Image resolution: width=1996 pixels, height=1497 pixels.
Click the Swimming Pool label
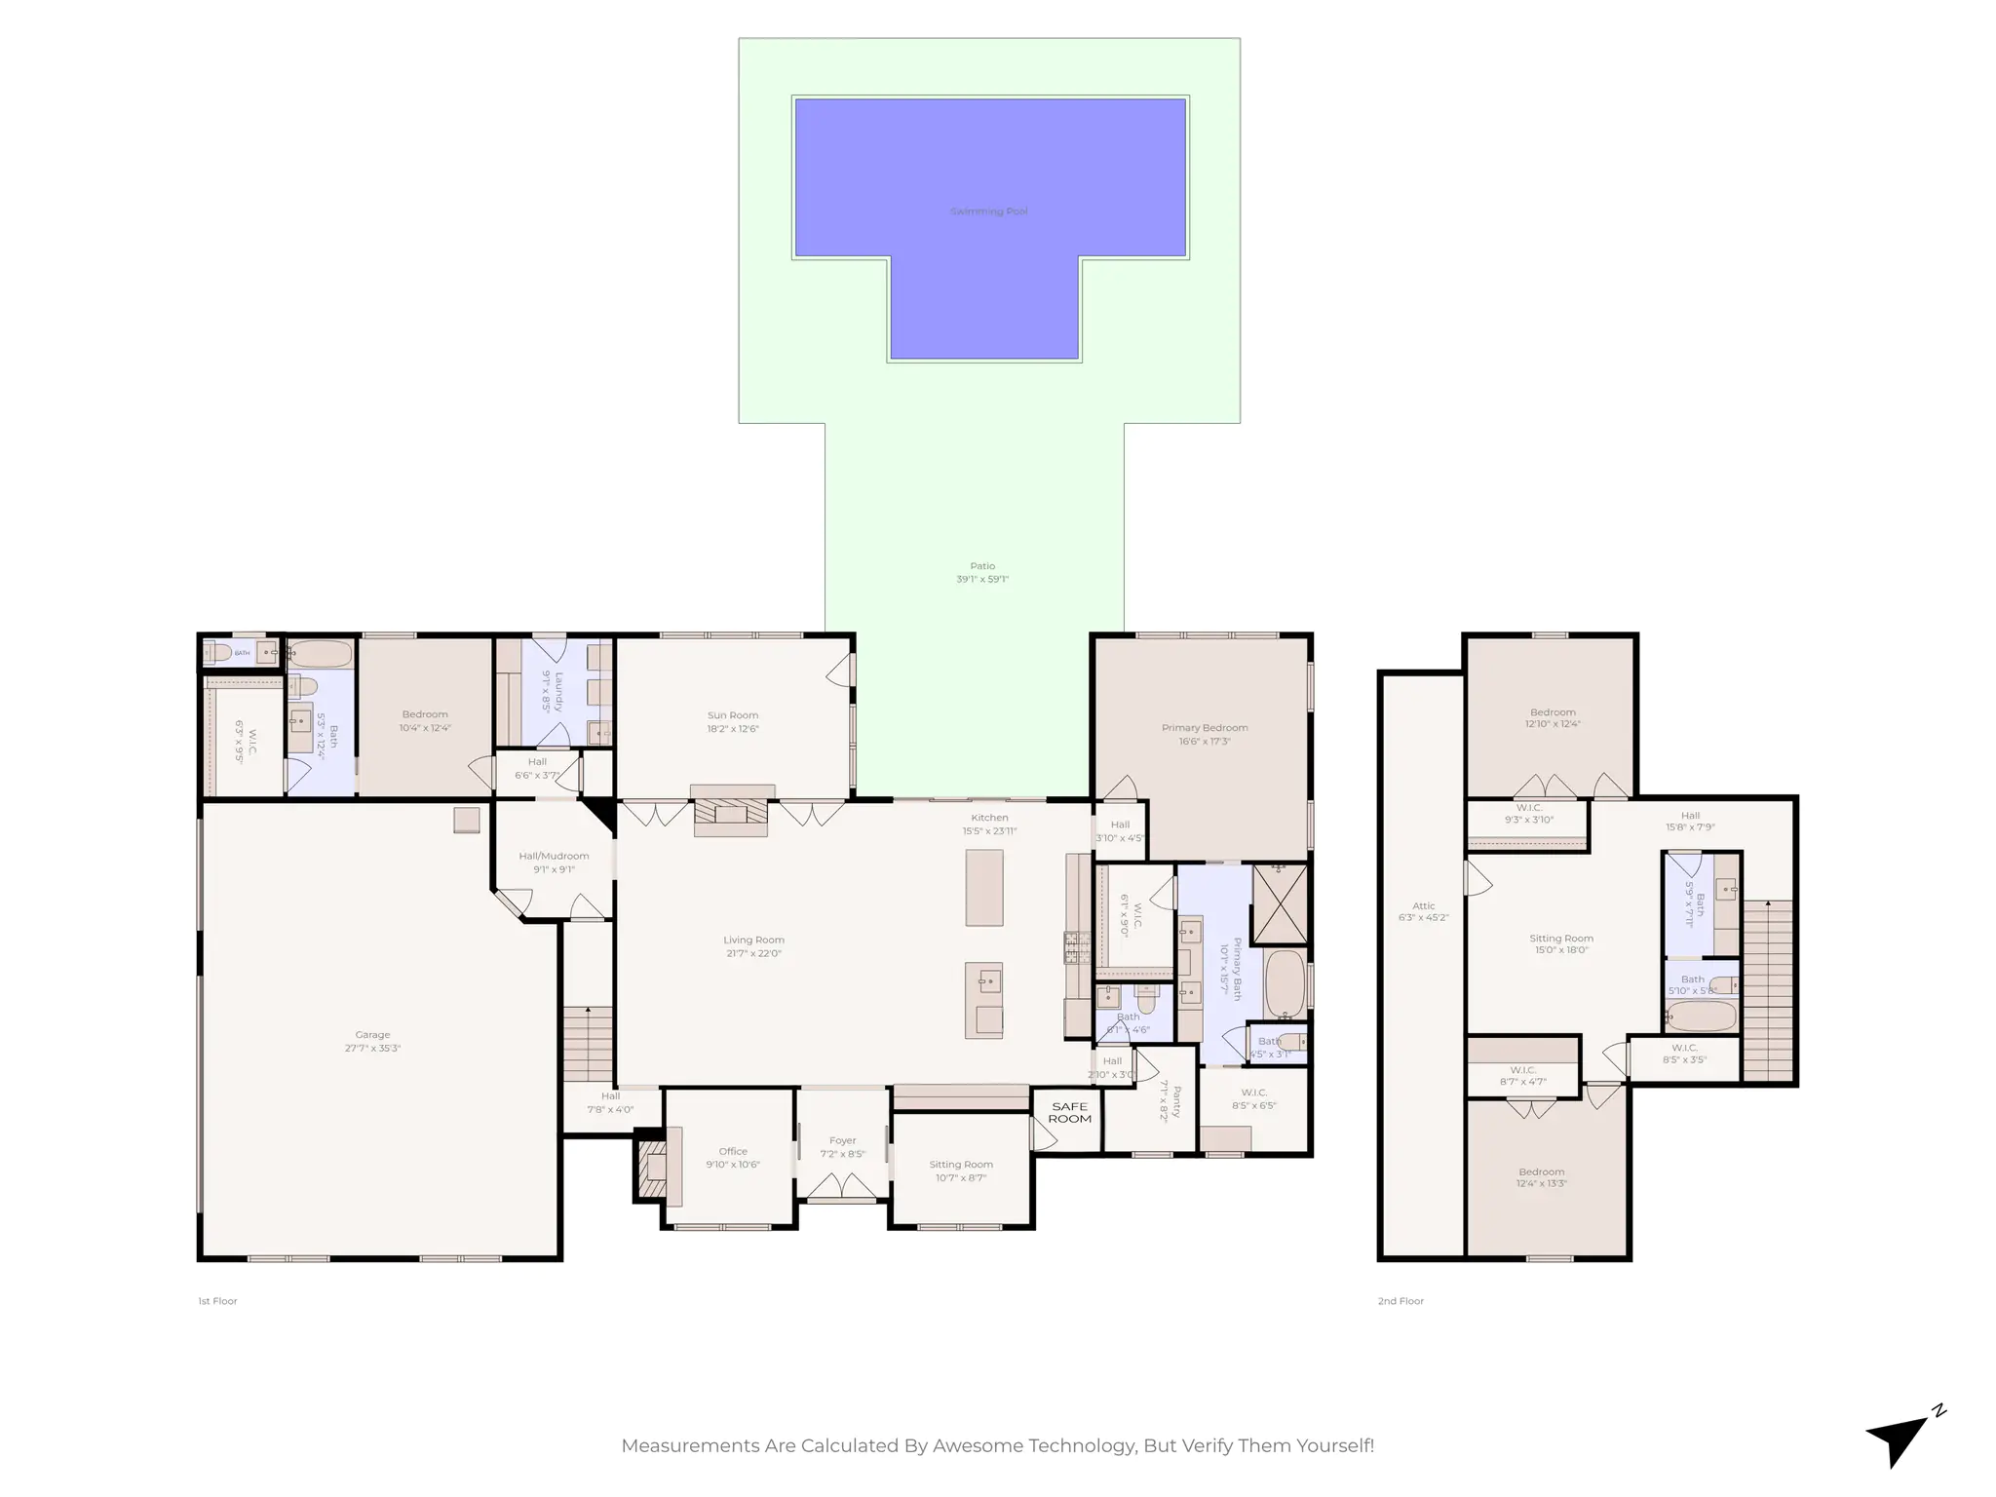click(x=988, y=211)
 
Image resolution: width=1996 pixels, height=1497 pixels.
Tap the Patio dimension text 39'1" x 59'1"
click(x=982, y=579)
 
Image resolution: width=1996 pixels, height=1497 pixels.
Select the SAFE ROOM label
click(x=1069, y=1112)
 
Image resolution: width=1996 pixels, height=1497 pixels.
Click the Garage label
click(x=372, y=1035)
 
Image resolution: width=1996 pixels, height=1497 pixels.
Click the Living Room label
click(x=753, y=940)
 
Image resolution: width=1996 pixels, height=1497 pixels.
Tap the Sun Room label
click(x=733, y=715)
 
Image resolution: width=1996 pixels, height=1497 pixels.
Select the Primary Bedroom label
click(x=1205, y=728)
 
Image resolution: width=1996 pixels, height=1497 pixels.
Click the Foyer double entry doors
click(x=843, y=1186)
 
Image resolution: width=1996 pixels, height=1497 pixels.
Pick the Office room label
click(x=733, y=1151)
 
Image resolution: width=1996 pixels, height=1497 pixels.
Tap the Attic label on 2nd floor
click(x=1423, y=906)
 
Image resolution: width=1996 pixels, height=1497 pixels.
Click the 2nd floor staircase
click(x=1767, y=989)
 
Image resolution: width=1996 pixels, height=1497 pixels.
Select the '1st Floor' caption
click(x=217, y=1301)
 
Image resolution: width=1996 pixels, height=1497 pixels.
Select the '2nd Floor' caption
click(x=1401, y=1301)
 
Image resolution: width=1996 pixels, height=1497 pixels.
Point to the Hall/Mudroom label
click(x=554, y=856)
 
